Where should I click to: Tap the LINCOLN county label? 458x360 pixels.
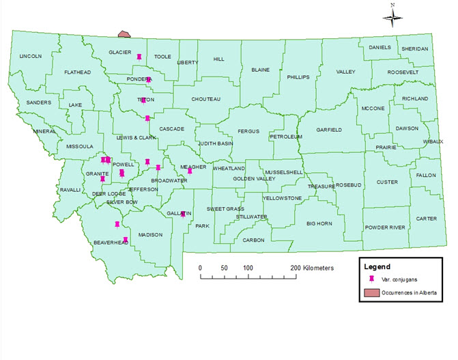click(30, 56)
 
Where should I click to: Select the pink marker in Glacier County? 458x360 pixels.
click(139, 57)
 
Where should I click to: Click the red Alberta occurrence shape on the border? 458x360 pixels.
click(124, 33)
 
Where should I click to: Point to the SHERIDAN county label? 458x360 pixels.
click(414, 49)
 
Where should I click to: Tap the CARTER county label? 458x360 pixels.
click(427, 219)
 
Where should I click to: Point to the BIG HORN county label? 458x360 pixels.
click(319, 223)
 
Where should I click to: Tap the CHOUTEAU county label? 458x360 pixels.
click(205, 99)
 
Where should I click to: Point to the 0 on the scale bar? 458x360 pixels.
click(200, 268)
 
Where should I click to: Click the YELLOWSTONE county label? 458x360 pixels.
click(283, 198)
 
